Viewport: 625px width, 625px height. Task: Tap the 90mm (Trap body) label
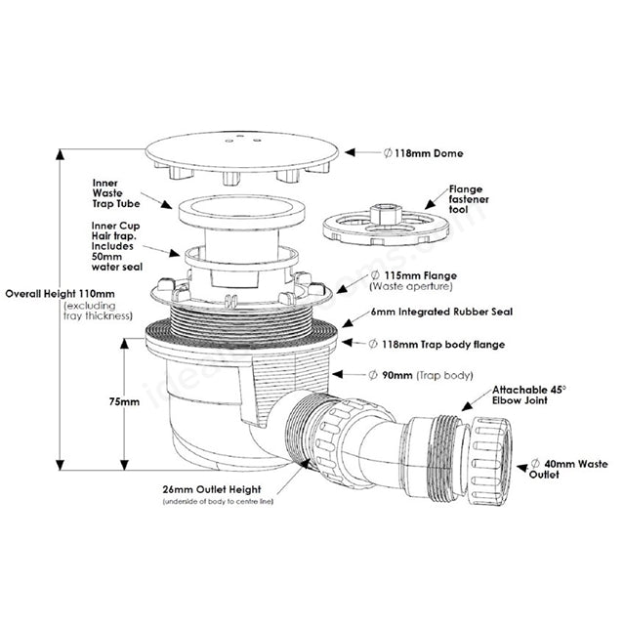(x=421, y=375)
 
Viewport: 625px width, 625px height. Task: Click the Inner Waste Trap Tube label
(x=116, y=193)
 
